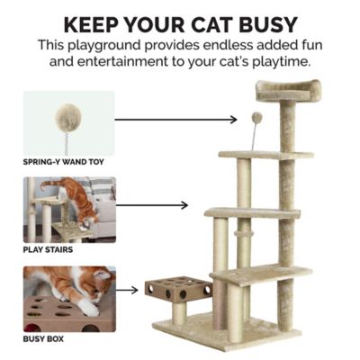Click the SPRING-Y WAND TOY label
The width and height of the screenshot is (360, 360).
pos(62,163)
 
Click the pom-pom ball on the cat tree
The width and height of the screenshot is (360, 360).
pos(256,117)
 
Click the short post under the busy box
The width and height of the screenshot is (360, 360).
pos(179,312)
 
